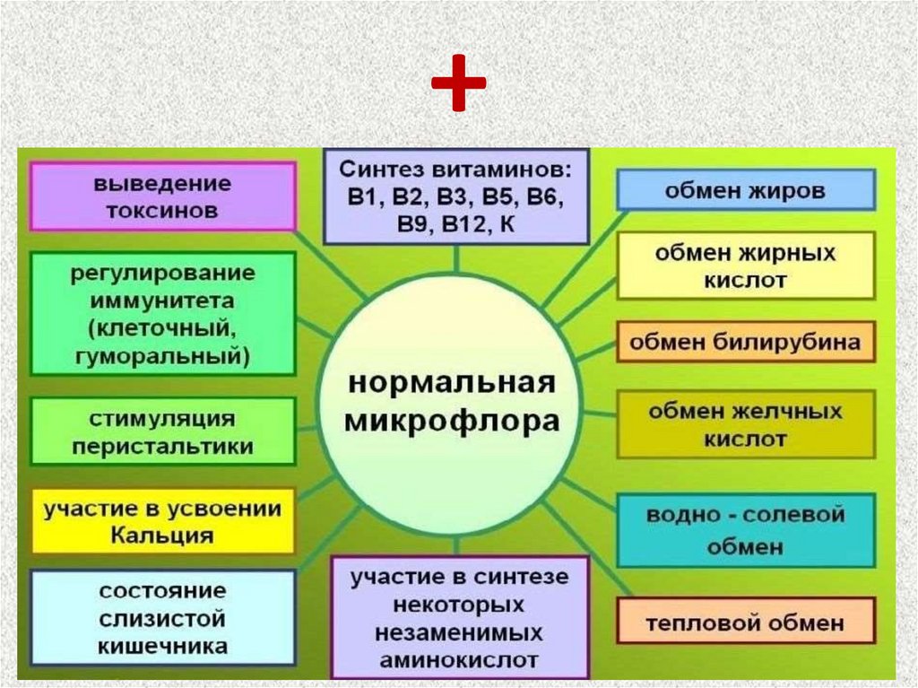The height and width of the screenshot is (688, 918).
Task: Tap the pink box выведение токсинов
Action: point(162,196)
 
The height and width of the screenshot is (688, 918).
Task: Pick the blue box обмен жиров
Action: point(745,190)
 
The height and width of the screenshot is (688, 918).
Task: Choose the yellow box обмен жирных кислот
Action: point(745,266)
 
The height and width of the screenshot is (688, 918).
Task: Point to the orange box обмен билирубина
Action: point(745,342)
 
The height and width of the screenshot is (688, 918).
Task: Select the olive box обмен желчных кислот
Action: point(745,424)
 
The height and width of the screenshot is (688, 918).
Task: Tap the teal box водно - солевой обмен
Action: point(745,530)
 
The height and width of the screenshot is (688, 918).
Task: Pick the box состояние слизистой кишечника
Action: point(162,619)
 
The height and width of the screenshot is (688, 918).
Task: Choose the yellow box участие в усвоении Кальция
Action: point(162,522)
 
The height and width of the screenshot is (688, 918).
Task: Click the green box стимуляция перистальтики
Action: point(162,431)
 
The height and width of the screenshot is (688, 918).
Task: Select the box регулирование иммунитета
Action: point(162,313)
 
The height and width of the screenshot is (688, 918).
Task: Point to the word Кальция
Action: point(162,536)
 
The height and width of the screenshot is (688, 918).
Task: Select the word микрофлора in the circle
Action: point(453,420)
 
